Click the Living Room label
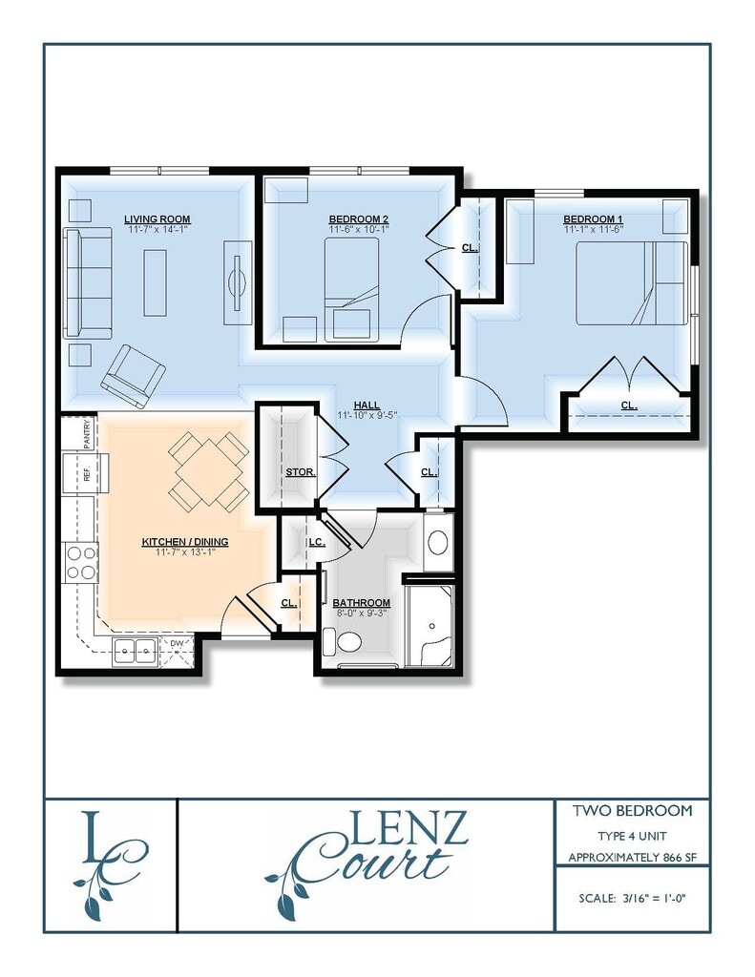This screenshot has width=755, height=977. pyautogui.click(x=157, y=218)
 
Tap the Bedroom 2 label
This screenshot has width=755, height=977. pyautogui.click(x=359, y=218)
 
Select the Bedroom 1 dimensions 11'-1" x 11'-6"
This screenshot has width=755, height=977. pyautogui.click(x=594, y=229)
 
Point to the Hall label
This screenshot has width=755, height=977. pyautogui.click(x=367, y=405)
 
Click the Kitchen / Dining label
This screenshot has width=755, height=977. pyautogui.click(x=185, y=542)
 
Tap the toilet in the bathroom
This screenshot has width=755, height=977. pyautogui.click(x=344, y=641)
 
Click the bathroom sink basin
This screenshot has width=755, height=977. pyautogui.click(x=438, y=542)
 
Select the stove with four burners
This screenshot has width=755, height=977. pyautogui.click(x=80, y=563)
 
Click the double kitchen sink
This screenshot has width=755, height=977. pyautogui.click(x=134, y=653)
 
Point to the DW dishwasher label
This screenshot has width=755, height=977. pyautogui.click(x=178, y=642)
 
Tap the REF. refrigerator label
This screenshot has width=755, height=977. pyautogui.click(x=87, y=473)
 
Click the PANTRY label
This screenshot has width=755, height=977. pyautogui.click(x=87, y=433)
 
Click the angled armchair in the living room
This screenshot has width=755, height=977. pyautogui.click(x=134, y=376)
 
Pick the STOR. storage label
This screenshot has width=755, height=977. pyautogui.click(x=301, y=471)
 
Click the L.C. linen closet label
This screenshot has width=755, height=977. pyautogui.click(x=317, y=542)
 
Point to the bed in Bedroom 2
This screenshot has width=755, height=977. pyautogui.click(x=351, y=290)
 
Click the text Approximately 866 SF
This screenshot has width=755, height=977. pyautogui.click(x=632, y=858)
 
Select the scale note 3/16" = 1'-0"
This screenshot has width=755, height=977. pyautogui.click(x=632, y=898)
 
